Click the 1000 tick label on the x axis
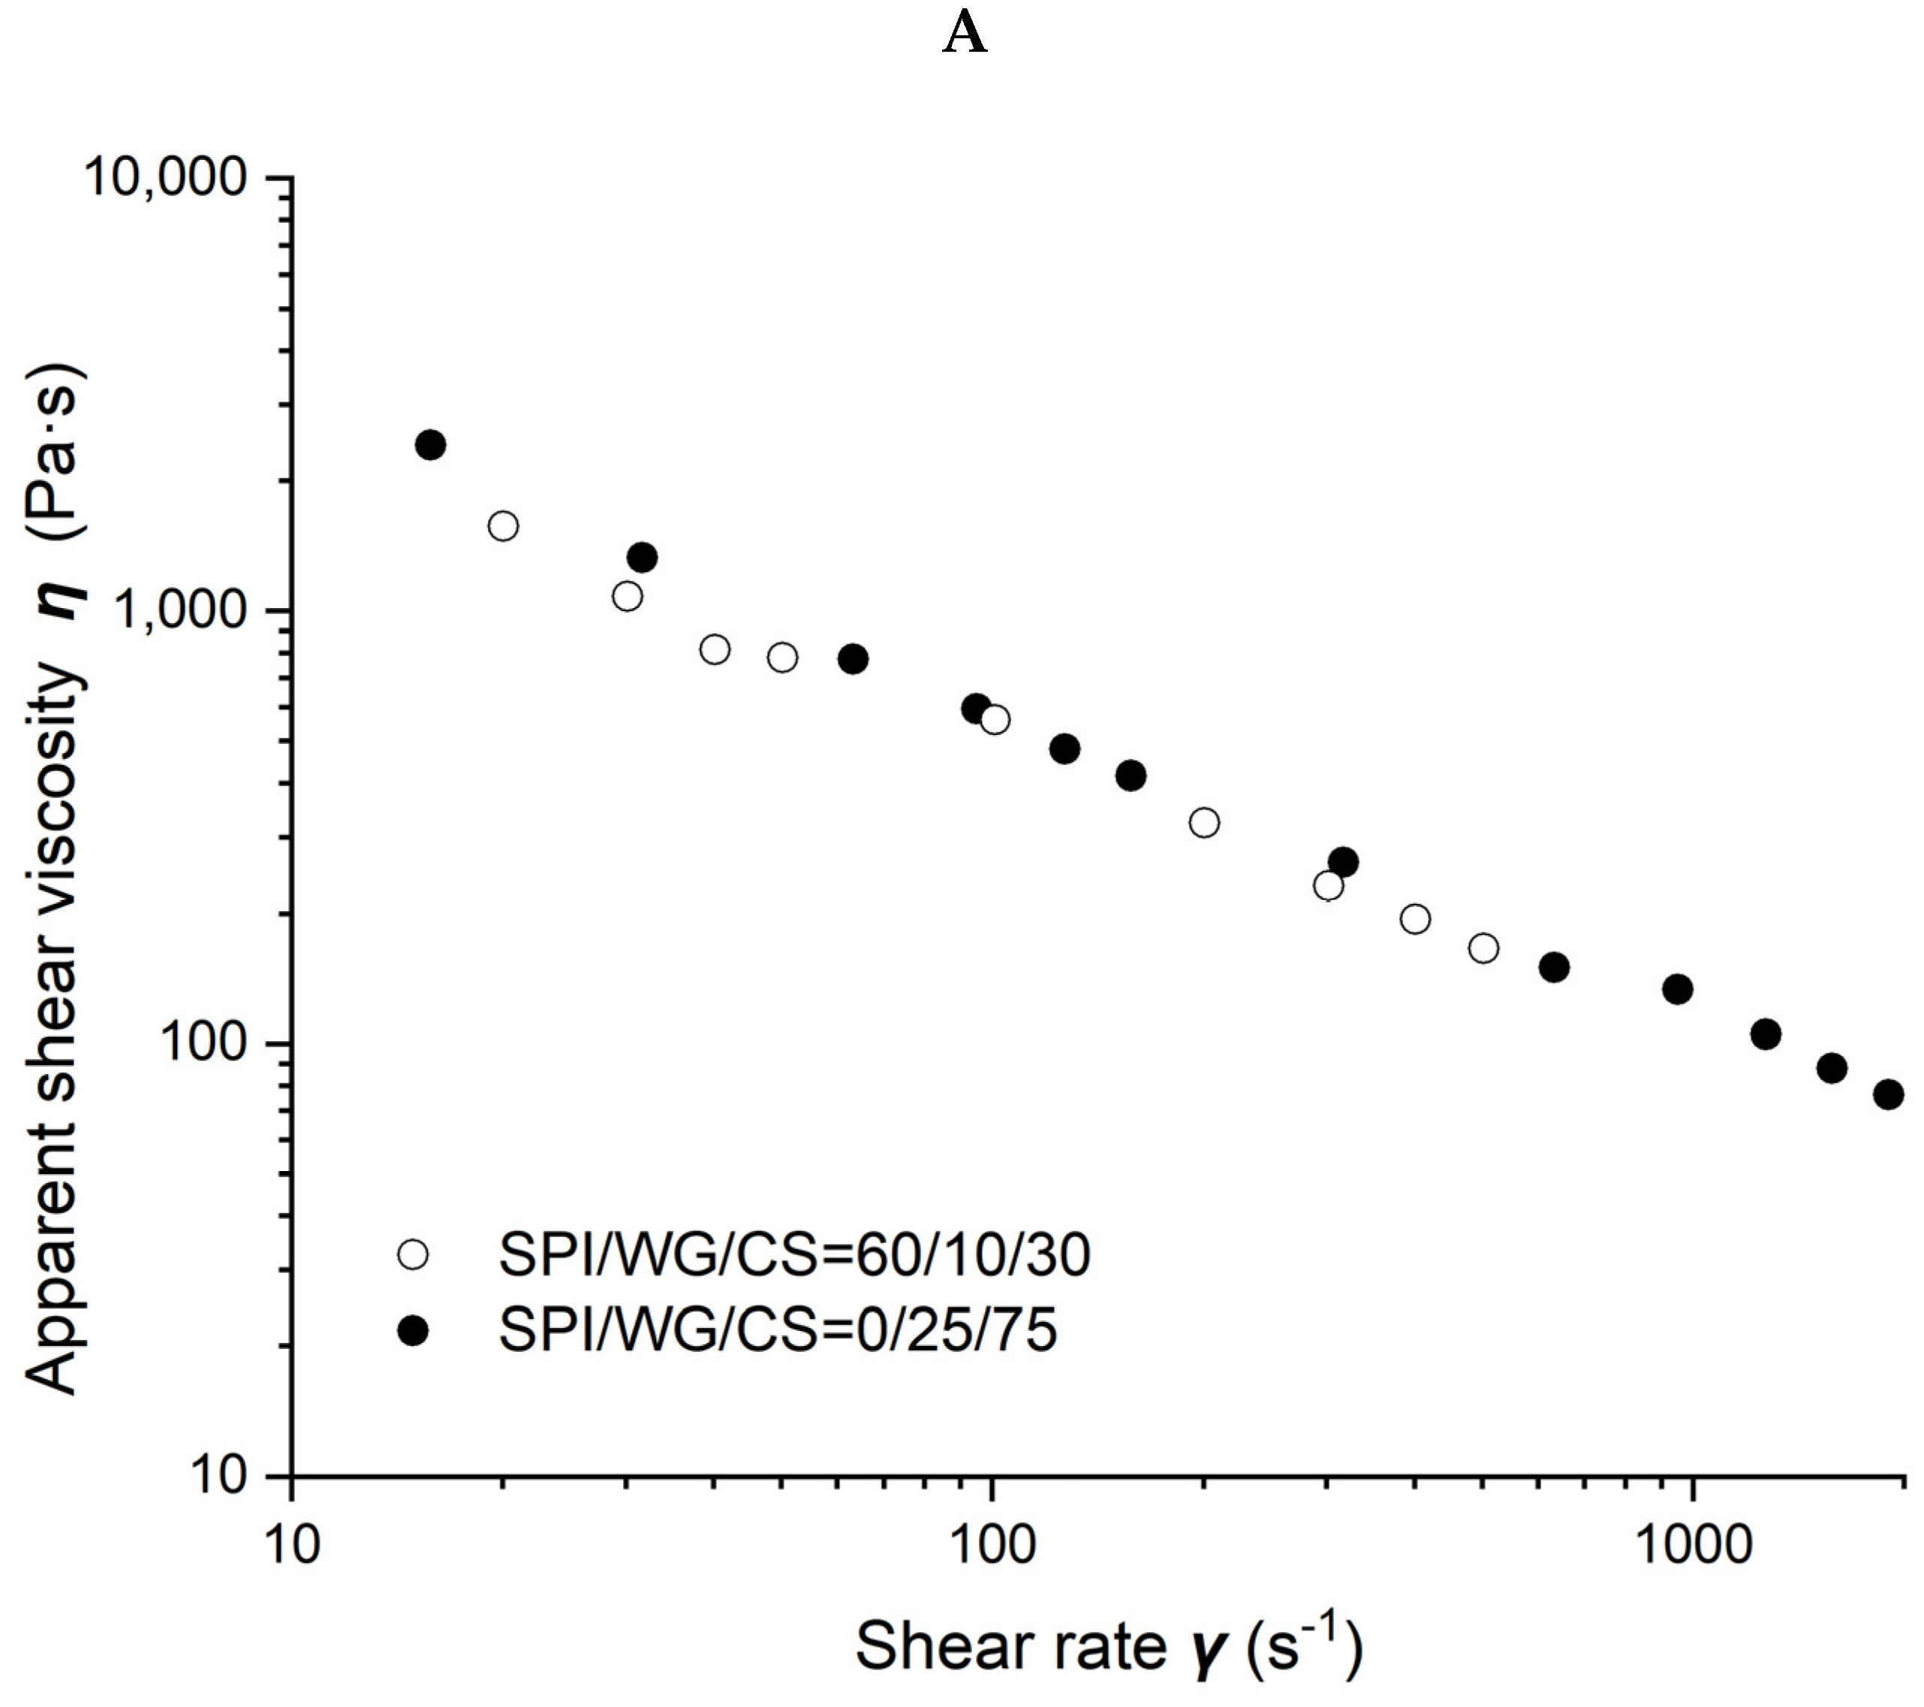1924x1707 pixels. [1694, 1545]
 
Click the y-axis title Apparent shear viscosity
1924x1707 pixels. [55, 879]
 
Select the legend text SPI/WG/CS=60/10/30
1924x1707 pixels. [793, 1254]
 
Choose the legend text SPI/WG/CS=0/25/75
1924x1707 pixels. [778, 1329]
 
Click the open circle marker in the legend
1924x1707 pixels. [413, 1254]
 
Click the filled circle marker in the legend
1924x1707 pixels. [413, 1329]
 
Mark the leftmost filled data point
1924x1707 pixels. [430, 445]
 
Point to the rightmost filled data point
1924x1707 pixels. [1888, 1094]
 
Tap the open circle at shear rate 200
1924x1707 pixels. [1204, 823]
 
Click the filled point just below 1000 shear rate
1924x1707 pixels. [1677, 989]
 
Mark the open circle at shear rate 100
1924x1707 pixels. [995, 720]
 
